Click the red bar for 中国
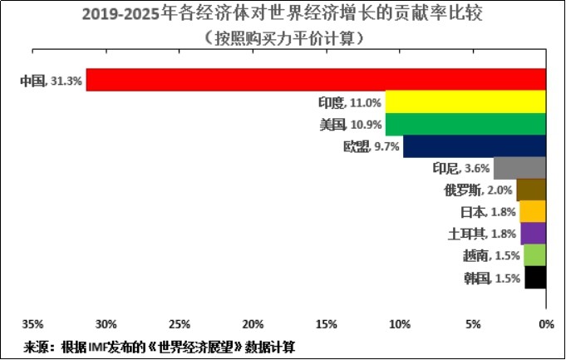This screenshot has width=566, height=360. pyautogui.click(x=316, y=80)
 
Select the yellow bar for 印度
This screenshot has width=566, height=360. pyautogui.click(x=465, y=101)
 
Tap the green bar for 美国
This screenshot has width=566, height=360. pyautogui.click(x=465, y=124)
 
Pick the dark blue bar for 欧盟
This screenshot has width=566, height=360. pyautogui.click(x=475, y=146)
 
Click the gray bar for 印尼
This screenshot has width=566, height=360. pyautogui.click(x=519, y=168)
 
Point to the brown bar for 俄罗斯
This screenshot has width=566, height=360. pyautogui.click(x=531, y=190)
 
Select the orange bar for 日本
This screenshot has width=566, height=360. pyautogui.click(x=533, y=212)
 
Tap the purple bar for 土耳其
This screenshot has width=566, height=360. pyautogui.click(x=533, y=234)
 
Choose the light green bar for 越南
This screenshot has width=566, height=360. pyautogui.click(x=535, y=255)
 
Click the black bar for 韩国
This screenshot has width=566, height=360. pyautogui.click(x=535, y=278)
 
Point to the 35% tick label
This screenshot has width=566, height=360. pyautogui.click(x=33, y=324)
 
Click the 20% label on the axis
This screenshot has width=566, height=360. pyautogui.click(x=253, y=324)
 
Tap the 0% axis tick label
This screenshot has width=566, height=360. pyautogui.click(x=547, y=324)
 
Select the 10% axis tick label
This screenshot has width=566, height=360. pyautogui.click(x=400, y=324)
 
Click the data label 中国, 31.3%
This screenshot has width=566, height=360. pyautogui.click(x=52, y=81)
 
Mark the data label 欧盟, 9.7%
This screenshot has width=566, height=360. pyautogui.click(x=371, y=146)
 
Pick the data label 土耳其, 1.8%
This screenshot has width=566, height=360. pyautogui.click(x=482, y=234)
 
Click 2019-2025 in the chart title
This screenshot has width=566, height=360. pyautogui.click(x=121, y=15)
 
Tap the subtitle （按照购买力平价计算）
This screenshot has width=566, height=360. pyautogui.click(x=283, y=37)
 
